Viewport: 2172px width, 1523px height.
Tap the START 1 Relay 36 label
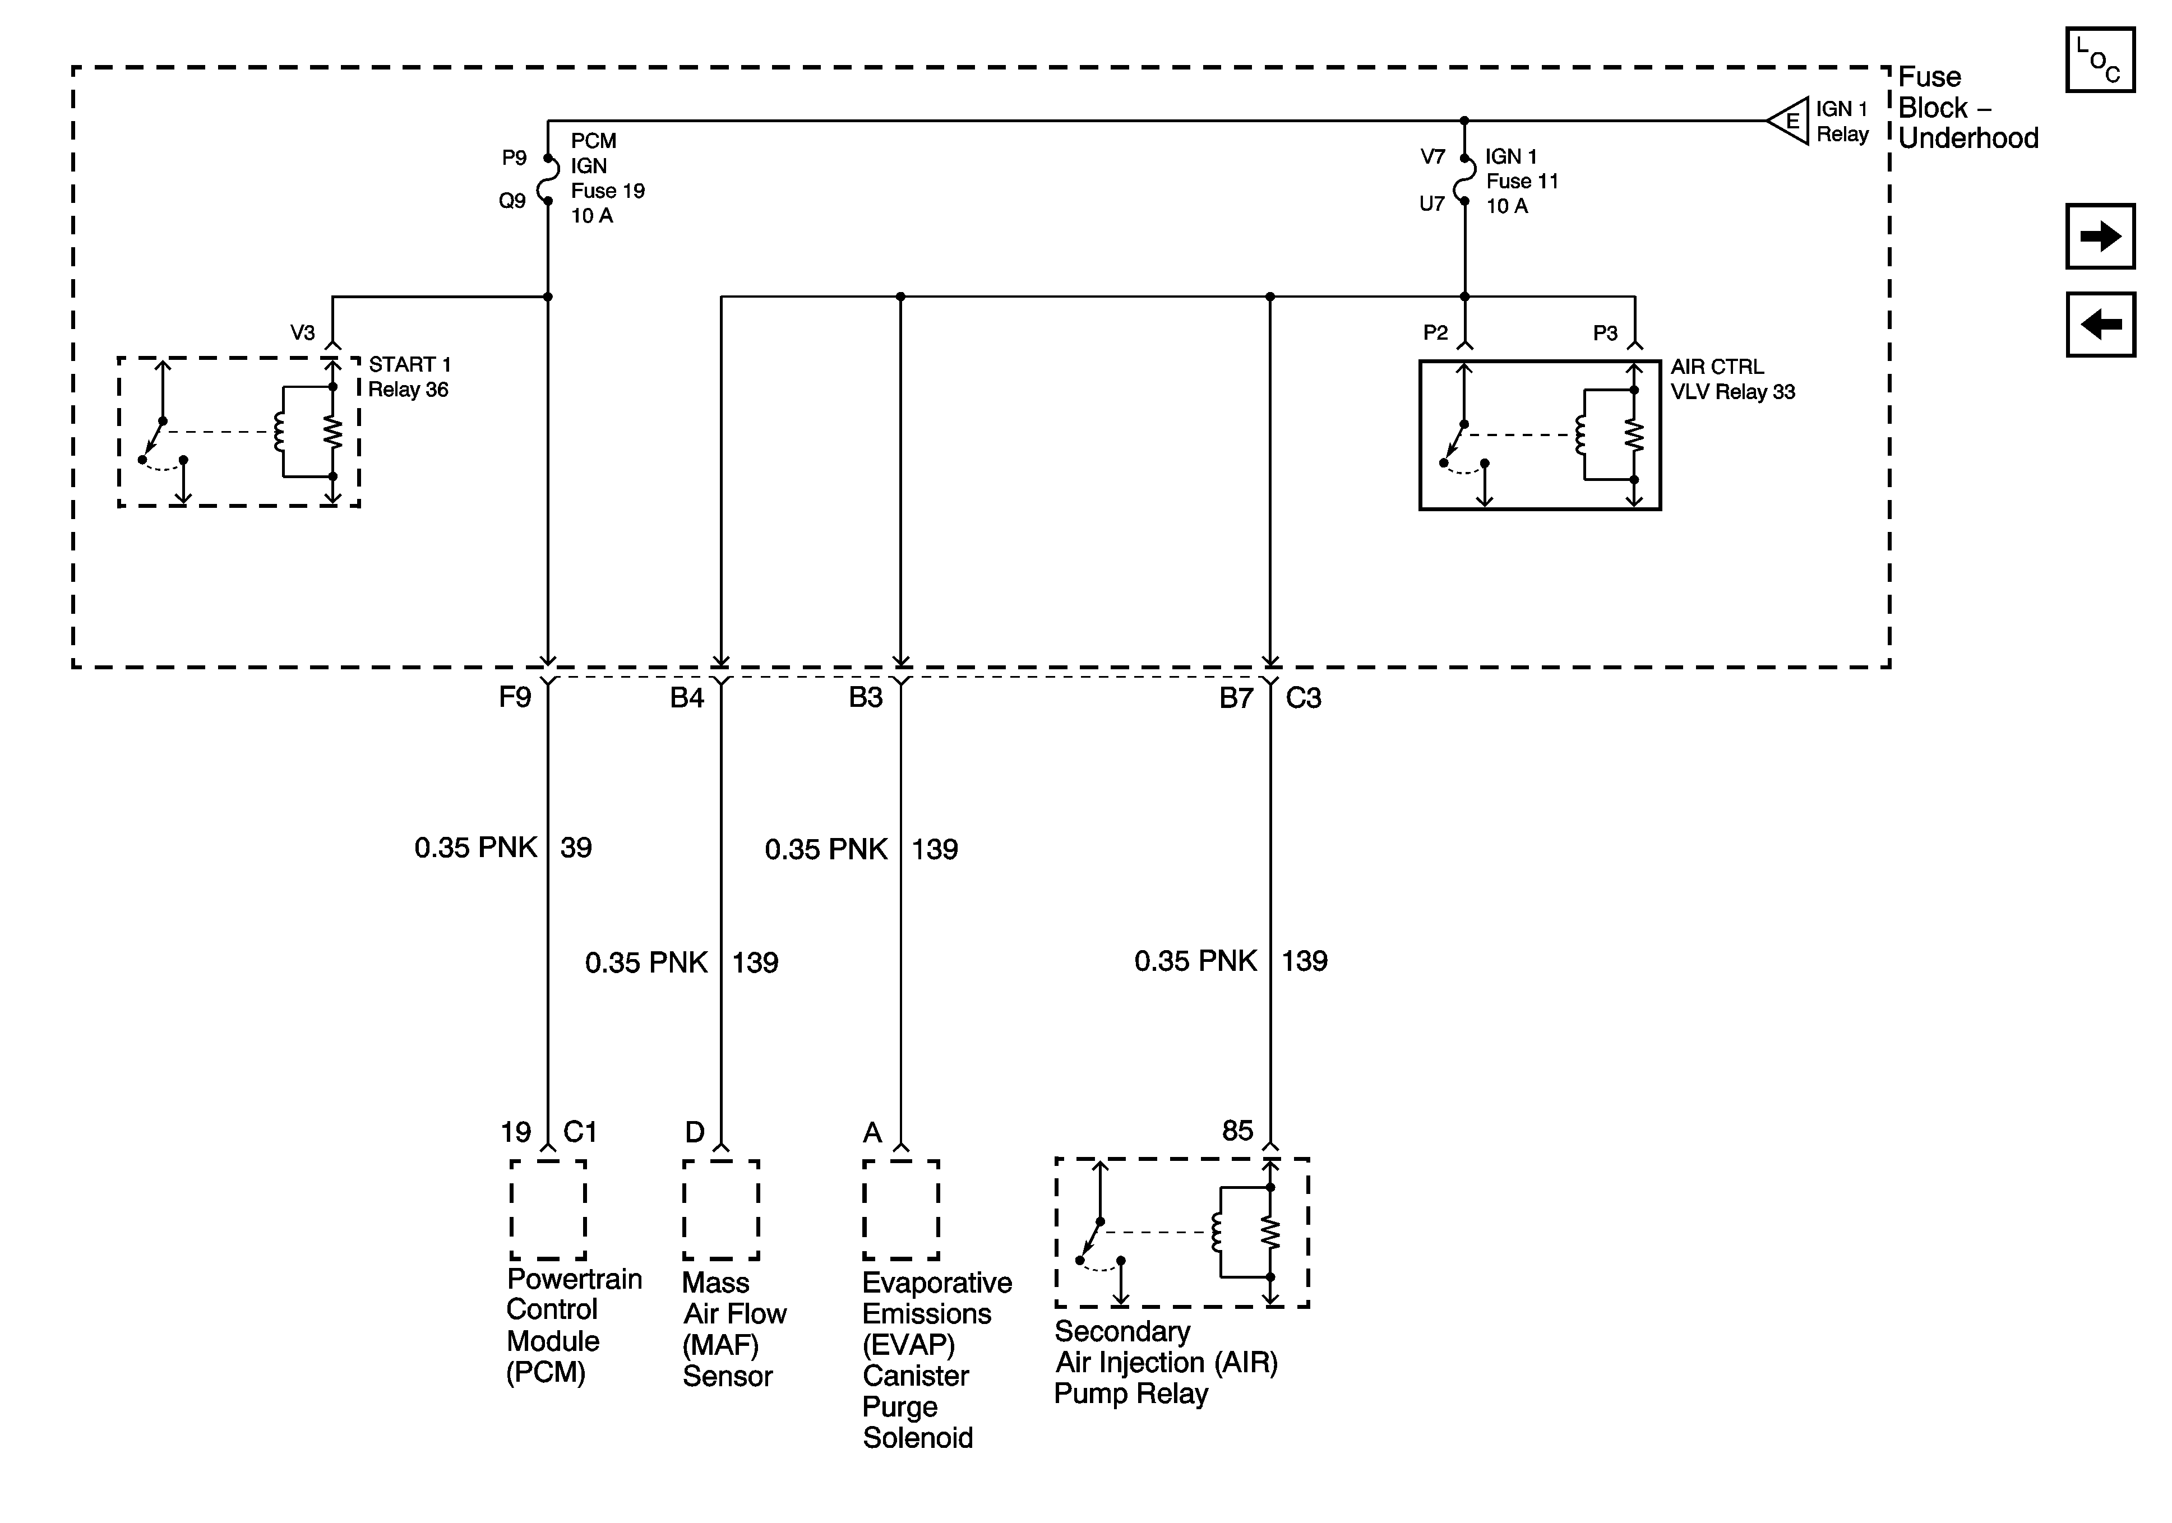pyautogui.click(x=409, y=377)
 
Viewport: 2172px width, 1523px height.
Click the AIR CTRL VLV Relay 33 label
pyautogui.click(x=1732, y=378)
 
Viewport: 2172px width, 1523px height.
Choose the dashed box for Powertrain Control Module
pyautogui.click(x=548, y=1210)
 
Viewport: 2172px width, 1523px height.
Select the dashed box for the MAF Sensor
pyautogui.click(x=721, y=1210)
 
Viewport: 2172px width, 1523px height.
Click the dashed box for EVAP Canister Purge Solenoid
pyautogui.click(x=900, y=1210)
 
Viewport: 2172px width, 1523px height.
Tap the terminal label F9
pyautogui.click(x=516, y=698)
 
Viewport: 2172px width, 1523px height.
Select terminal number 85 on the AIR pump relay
pyautogui.click(x=1237, y=1131)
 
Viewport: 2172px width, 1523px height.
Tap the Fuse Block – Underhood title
pyautogui.click(x=1968, y=108)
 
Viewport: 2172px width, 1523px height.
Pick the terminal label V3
pyautogui.click(x=303, y=333)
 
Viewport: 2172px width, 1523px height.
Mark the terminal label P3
pyautogui.click(x=1605, y=333)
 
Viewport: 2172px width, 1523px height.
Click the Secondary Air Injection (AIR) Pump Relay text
pyautogui.click(x=1166, y=1362)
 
